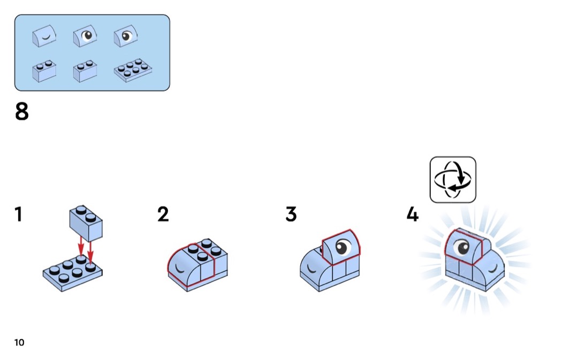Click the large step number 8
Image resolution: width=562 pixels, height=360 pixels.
(21, 111)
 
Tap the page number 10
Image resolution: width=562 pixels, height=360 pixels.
(19, 342)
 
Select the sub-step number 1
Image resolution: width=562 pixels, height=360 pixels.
(18, 214)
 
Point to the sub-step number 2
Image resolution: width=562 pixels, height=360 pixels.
(163, 214)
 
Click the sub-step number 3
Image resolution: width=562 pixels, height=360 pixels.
(291, 214)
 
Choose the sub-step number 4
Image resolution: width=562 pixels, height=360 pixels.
(413, 214)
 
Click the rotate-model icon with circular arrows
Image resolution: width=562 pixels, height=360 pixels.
(453, 180)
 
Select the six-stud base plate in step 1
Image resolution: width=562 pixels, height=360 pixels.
(72, 274)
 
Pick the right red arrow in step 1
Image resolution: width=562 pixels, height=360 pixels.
(90, 252)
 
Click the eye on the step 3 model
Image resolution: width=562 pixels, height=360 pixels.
(343, 247)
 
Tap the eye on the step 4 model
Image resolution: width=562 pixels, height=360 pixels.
(461, 248)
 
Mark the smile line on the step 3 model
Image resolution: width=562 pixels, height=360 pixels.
(311, 269)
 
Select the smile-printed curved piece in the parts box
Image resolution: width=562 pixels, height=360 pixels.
(44, 36)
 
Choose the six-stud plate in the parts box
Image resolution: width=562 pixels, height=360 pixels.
(133, 70)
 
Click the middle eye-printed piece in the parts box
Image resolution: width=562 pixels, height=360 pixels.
(85, 36)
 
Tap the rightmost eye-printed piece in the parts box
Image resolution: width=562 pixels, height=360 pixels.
(126, 36)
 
